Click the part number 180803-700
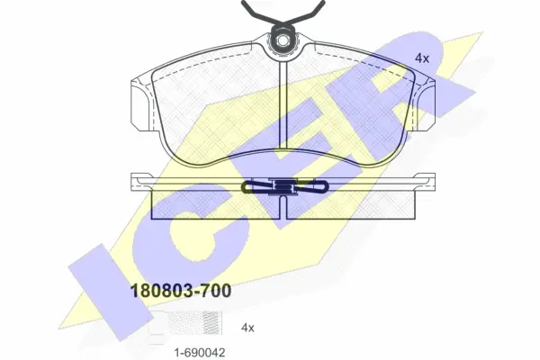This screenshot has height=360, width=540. pyautogui.click(x=181, y=291)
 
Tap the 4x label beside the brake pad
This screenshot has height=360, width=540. pyautogui.click(x=422, y=58)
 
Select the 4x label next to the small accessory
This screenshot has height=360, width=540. pyautogui.click(x=247, y=328)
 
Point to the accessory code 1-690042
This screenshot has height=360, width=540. pyautogui.click(x=200, y=352)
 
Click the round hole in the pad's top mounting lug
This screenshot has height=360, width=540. pyautogui.click(x=283, y=40)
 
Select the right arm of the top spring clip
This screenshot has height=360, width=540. pyautogui.click(x=307, y=13)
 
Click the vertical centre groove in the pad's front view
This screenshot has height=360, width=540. pyautogui.click(x=283, y=103)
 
